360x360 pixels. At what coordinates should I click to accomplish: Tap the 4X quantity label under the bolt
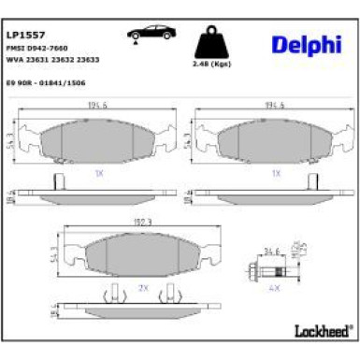275,288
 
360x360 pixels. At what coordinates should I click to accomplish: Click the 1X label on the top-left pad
98,173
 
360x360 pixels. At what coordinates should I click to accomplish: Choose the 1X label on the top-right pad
275,173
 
